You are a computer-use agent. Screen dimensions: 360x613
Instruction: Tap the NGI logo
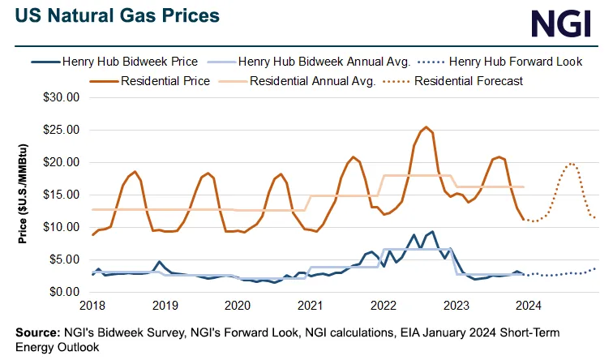(x=561, y=23)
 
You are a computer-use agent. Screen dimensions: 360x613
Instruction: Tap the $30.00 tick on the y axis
(x=62, y=97)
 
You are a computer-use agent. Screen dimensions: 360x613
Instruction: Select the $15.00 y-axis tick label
(x=62, y=195)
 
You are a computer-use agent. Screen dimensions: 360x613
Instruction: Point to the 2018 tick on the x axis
(x=93, y=306)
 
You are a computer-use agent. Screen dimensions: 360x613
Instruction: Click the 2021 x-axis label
(x=309, y=306)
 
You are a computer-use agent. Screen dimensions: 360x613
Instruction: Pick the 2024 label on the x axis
(x=525, y=306)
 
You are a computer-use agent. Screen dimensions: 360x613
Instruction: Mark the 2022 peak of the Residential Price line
(x=427, y=127)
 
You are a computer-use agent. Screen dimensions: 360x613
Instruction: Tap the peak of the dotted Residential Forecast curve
(x=571, y=163)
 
